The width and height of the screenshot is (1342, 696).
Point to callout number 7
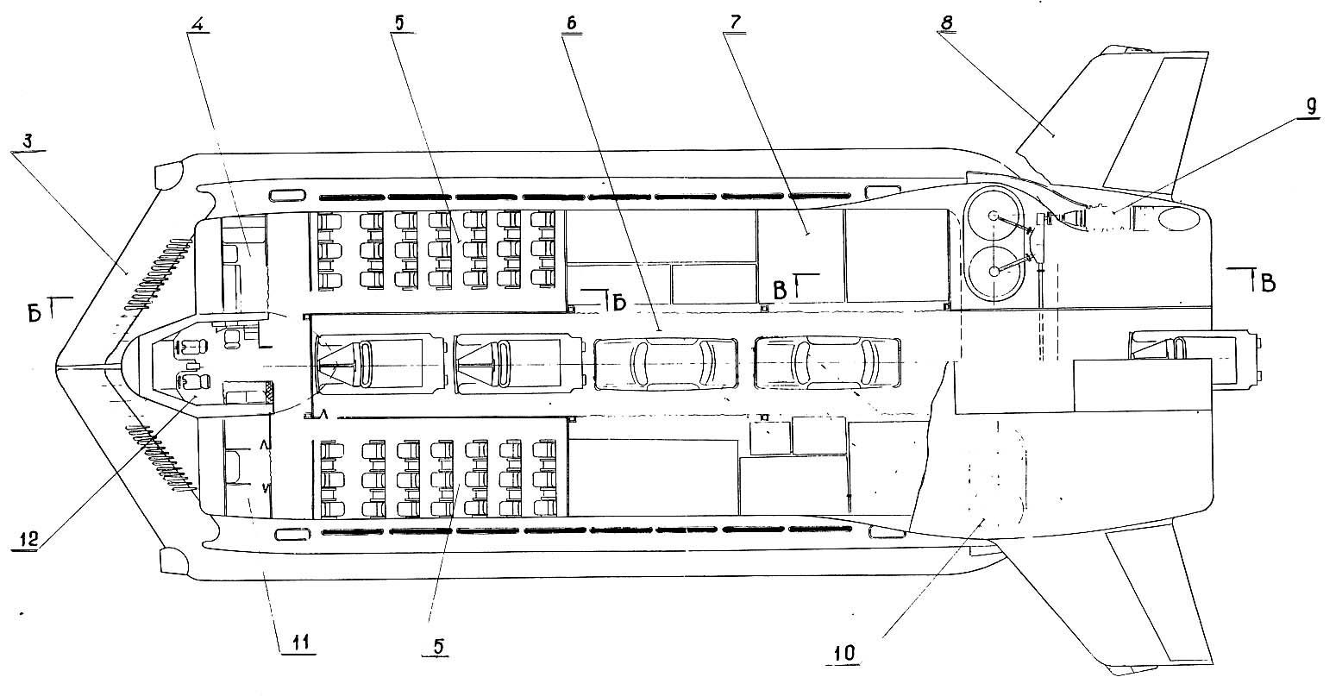coord(735,22)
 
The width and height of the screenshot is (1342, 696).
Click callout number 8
coord(946,22)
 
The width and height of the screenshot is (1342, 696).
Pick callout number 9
coord(1310,107)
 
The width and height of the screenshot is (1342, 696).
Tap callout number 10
coord(844,653)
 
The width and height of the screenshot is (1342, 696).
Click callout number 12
coord(27,539)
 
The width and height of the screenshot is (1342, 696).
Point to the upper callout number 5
coord(399,22)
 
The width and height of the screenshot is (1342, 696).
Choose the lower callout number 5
coord(438,646)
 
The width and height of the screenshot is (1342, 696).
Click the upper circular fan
coord(994,216)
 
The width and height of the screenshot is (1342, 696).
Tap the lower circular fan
coord(994,272)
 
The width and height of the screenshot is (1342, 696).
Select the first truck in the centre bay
coord(379,365)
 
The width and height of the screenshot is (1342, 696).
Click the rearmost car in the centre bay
coord(827,363)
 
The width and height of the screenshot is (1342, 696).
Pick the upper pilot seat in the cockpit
coord(191,347)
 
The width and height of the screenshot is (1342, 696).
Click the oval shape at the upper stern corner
coord(1178,218)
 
